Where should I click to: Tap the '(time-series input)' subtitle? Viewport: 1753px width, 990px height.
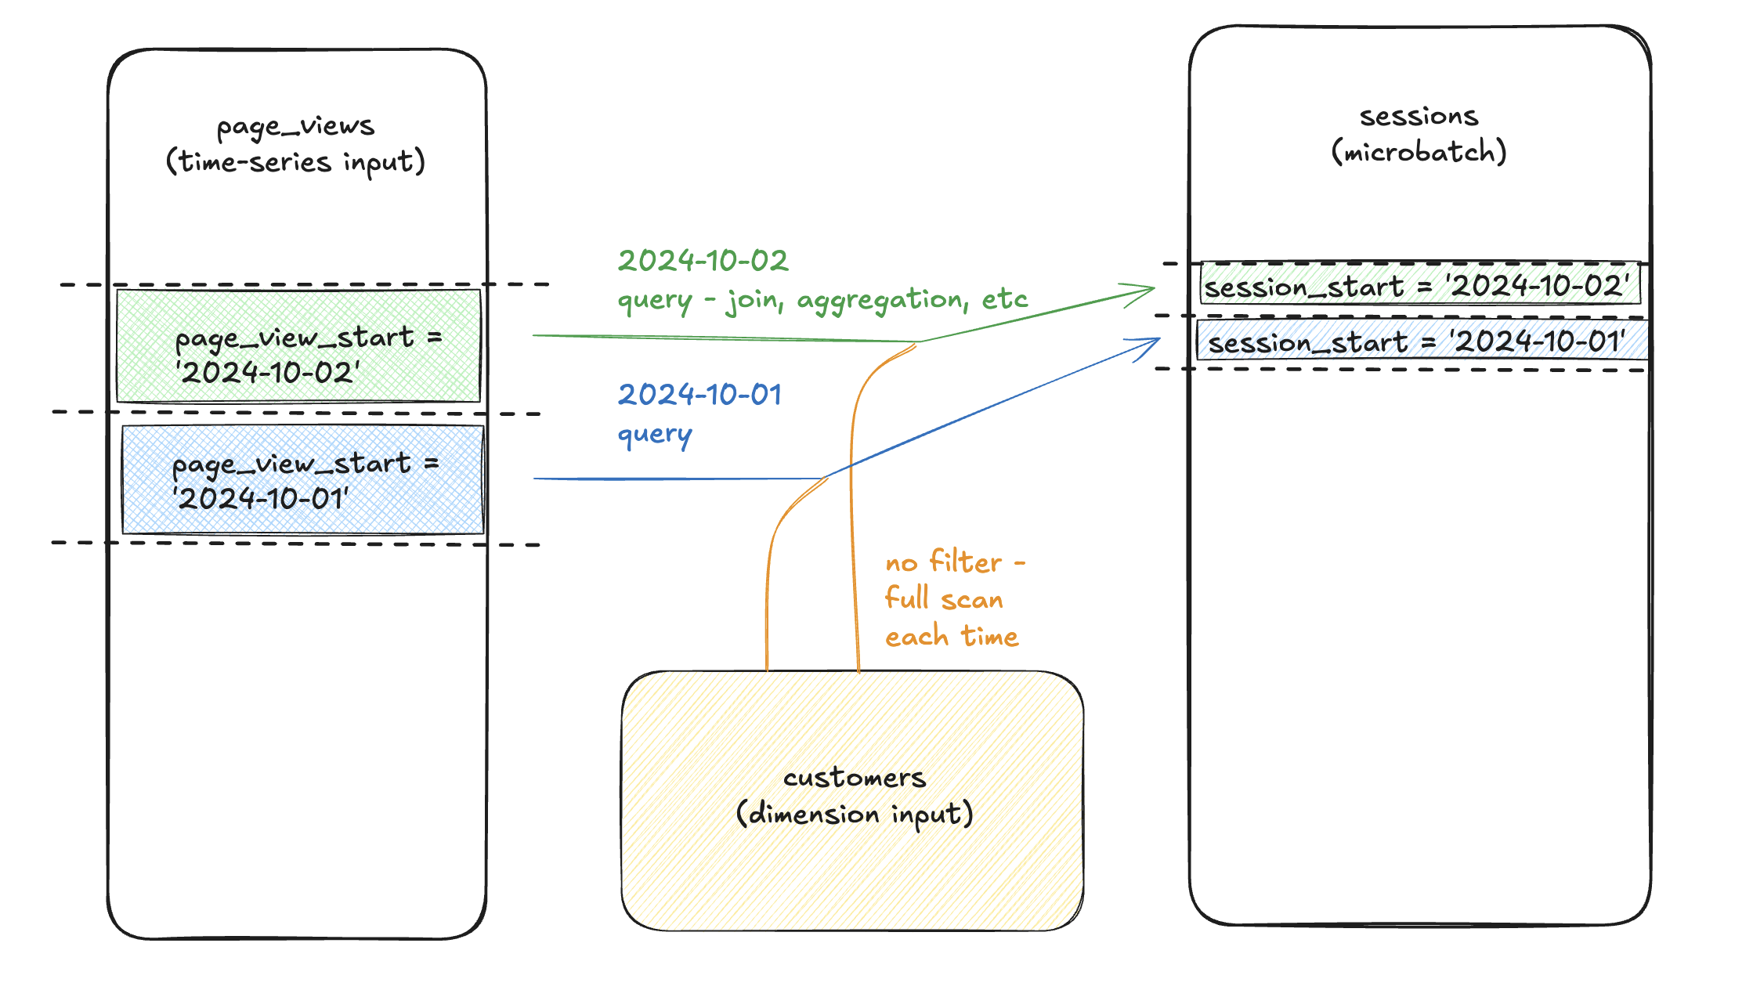point(295,162)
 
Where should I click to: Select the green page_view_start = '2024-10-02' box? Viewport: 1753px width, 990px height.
point(298,345)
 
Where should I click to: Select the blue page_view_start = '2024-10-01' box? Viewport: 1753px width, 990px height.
point(302,479)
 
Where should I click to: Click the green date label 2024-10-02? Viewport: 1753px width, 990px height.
point(703,261)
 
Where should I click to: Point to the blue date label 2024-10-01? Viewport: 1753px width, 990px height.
point(699,395)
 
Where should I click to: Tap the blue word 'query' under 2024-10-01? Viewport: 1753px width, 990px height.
point(655,435)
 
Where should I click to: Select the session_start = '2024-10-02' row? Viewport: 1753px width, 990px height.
point(1419,286)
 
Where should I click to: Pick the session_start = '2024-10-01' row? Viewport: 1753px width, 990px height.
point(1419,341)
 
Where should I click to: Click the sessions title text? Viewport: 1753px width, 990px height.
point(1419,117)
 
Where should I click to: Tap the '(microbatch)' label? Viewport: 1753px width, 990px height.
point(1419,151)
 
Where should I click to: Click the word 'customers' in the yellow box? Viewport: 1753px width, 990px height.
point(854,778)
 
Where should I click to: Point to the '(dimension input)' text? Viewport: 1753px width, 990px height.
point(854,814)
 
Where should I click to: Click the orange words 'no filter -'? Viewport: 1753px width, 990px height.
point(955,562)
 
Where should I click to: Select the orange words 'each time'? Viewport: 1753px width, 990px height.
point(952,636)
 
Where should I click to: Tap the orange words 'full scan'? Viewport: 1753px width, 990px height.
point(944,599)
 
